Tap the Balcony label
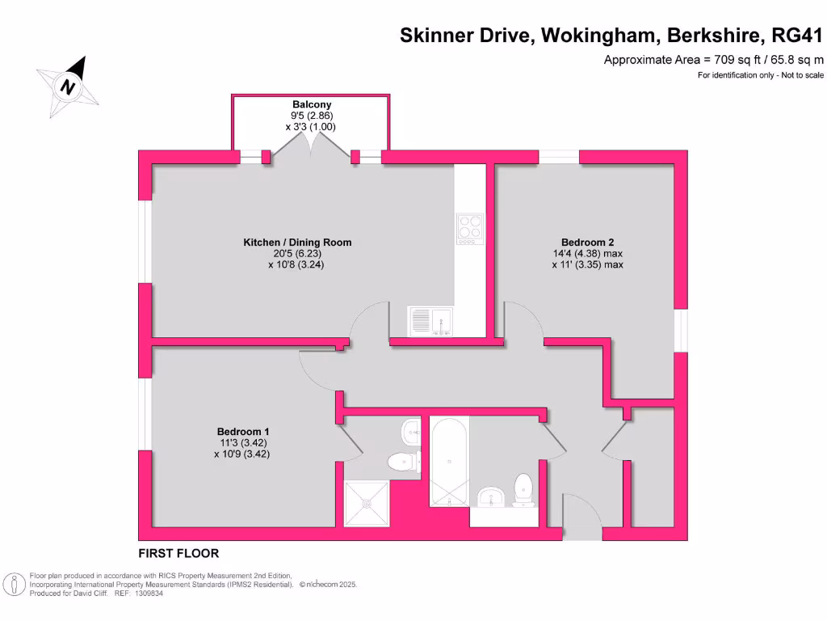312,104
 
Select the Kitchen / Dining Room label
297,242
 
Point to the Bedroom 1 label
242,431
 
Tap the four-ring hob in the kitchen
469,229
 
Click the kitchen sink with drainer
431,322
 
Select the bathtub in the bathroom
448,461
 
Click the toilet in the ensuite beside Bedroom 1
402,462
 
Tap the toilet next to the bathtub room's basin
524,489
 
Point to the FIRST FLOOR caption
178,554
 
